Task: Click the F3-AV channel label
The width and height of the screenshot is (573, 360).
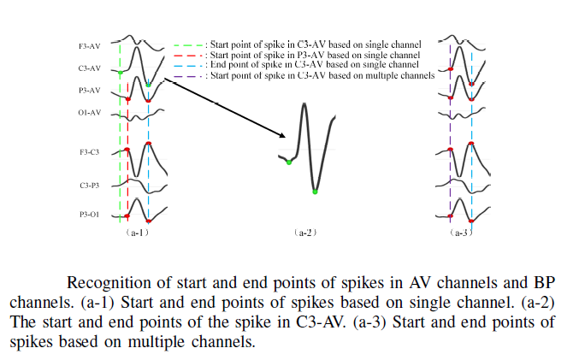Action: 89,46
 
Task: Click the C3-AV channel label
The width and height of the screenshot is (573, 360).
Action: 89,68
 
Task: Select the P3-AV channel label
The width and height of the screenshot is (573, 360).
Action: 89,91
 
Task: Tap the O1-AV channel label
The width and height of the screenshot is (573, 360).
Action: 89,113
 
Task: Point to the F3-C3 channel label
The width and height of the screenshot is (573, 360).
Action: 89,152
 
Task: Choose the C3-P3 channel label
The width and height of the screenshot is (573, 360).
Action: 89,186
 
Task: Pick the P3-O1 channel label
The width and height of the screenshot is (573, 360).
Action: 89,215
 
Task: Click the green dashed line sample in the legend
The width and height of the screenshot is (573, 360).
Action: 188,45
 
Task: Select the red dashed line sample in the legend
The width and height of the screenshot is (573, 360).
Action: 188,56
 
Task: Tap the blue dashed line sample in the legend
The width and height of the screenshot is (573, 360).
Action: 188,66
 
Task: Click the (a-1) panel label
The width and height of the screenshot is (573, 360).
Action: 137,233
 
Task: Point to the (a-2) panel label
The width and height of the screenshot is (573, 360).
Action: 305,233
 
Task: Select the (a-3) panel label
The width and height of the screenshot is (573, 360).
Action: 461,233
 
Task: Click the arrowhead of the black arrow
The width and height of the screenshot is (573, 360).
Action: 282,136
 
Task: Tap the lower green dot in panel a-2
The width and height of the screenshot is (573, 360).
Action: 315,192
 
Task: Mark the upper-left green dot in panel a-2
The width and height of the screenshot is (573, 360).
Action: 289,162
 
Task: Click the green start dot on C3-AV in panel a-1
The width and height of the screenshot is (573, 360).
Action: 121,73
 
